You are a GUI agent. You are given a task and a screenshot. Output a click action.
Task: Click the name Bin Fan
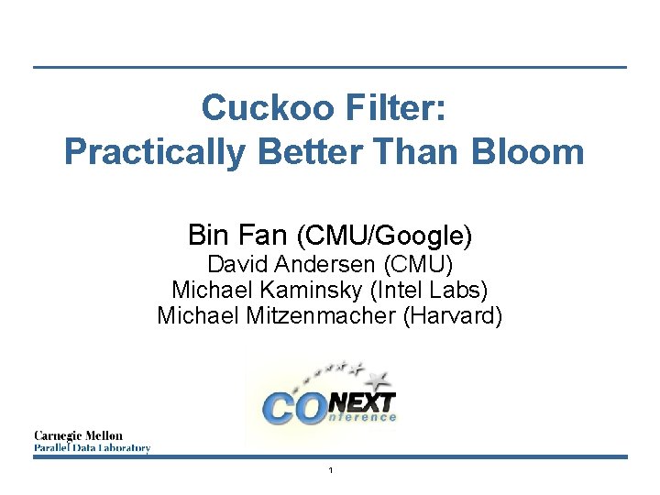(238, 235)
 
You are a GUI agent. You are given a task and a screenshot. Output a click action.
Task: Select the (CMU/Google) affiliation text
(385, 236)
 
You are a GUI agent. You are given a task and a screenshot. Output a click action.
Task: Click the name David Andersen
(293, 265)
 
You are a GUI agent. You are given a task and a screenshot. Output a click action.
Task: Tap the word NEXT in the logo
(363, 401)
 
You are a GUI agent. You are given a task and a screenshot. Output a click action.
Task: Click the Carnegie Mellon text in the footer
(79, 435)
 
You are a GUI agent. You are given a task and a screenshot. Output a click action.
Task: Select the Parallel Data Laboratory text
(92, 448)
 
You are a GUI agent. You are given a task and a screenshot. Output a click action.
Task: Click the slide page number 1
(330, 470)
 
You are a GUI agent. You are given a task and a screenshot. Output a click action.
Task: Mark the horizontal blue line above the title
(330, 66)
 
